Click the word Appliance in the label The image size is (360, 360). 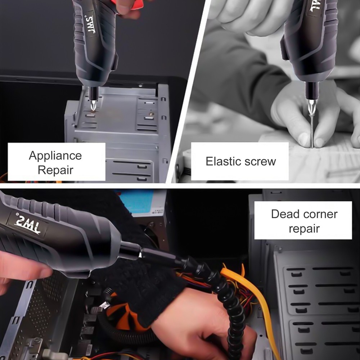pos(55,156)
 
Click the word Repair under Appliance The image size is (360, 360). pos(55,170)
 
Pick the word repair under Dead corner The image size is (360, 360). pos(304,228)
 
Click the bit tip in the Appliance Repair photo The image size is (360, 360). pos(94,107)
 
